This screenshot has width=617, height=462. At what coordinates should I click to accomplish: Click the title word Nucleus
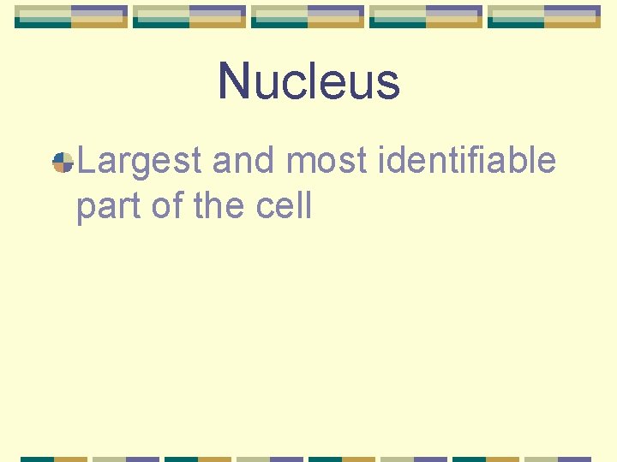[308, 81]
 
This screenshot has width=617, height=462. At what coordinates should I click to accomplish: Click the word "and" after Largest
[242, 161]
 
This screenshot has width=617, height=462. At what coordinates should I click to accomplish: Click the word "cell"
[286, 207]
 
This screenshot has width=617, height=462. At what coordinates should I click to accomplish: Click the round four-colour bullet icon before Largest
[63, 162]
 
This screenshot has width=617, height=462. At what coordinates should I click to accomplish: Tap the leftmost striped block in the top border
[71, 16]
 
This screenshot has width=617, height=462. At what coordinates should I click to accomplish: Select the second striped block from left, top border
[189, 16]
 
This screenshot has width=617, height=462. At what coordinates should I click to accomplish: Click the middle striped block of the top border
[308, 16]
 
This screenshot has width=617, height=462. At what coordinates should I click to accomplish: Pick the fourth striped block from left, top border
[426, 16]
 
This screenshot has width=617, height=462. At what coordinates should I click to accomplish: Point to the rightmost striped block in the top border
[544, 16]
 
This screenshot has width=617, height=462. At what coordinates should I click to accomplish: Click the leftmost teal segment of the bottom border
[37, 459]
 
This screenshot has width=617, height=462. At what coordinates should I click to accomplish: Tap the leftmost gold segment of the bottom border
[71, 459]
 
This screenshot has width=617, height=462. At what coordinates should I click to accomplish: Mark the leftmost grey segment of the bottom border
[109, 459]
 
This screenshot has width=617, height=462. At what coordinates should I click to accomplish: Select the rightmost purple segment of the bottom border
[575, 459]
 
